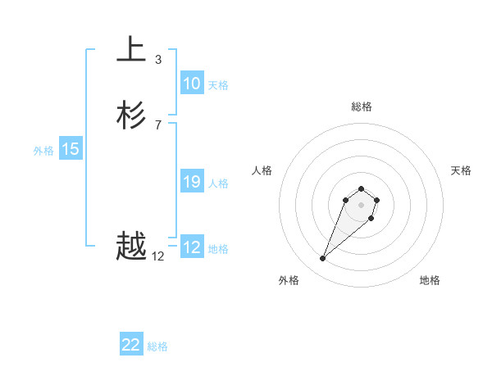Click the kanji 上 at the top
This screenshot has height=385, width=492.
(131, 50)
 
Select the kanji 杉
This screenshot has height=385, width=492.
(131, 115)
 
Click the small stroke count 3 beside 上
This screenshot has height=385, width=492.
(158, 60)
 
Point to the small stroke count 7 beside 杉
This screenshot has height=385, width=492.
(158, 125)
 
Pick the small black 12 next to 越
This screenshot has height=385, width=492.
(158, 256)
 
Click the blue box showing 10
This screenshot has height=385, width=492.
(192, 84)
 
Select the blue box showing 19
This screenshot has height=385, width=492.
(192, 182)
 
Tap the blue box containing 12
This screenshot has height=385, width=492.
(192, 247)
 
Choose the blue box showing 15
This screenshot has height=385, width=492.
(71, 149)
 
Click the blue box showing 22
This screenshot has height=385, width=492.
(131, 345)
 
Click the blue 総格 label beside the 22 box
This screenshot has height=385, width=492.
(157, 346)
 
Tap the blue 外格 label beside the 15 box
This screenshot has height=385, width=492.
(43, 151)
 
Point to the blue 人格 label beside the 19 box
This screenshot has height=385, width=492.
(219, 183)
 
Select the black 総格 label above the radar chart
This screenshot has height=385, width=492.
(362, 106)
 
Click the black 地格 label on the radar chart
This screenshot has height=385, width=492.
(430, 280)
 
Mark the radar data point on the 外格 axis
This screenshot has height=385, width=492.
(323, 259)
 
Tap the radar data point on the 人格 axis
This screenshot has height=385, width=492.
(346, 199)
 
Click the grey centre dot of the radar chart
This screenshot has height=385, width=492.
(362, 204)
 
